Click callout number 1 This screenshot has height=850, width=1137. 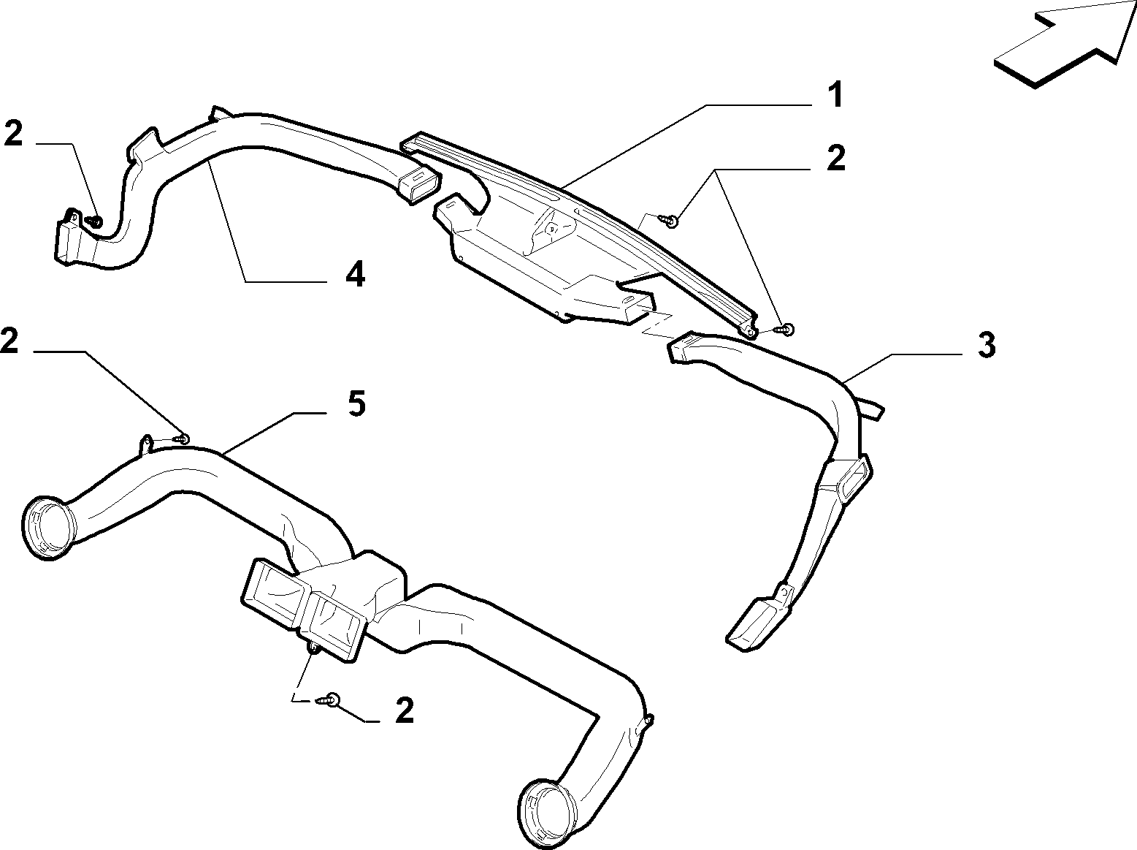(x=834, y=95)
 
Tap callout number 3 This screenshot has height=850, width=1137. (x=987, y=345)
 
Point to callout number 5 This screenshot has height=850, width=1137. (x=356, y=403)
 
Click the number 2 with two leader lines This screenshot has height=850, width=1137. (x=835, y=158)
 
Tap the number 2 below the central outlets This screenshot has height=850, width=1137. (x=405, y=710)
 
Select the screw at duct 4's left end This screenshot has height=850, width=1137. (x=95, y=222)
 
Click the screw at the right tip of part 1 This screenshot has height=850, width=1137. (x=785, y=329)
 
